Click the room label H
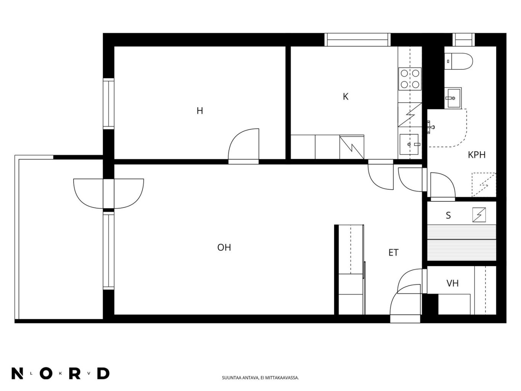tap(199, 111)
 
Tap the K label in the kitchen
tap(346, 97)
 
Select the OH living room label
tap(224, 248)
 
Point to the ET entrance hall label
tap(393, 253)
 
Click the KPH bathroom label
tap(477, 155)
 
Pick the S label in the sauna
tap(448, 215)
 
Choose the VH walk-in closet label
tap(452, 283)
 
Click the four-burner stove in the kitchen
tap(410, 79)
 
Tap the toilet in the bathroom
tap(458, 61)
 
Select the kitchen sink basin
tap(409, 144)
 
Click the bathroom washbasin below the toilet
tap(453, 98)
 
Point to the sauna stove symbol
tap(479, 215)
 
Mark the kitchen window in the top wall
tap(357, 40)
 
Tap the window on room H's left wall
tap(108, 104)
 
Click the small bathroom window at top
tap(463, 40)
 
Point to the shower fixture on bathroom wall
tap(430, 127)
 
